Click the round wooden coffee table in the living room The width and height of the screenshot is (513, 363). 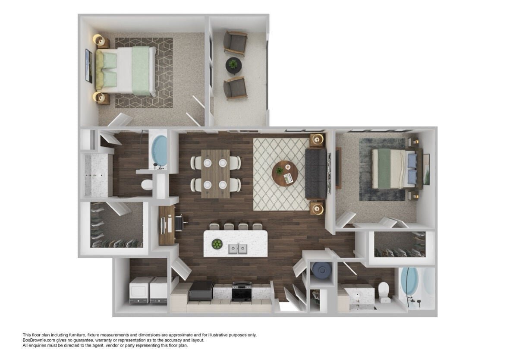[x=285, y=174]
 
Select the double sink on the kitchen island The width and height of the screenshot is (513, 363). [x=238, y=248]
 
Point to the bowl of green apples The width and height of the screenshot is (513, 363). [x=217, y=245]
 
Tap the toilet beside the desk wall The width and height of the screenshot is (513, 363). [x=147, y=185]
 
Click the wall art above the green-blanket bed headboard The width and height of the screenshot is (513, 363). [x=89, y=66]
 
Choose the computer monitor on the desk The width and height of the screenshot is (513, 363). [x=164, y=224]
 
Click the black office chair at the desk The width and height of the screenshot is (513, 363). [x=180, y=223]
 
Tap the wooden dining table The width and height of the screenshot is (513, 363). [x=215, y=174]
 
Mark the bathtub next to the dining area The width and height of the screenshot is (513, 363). [x=159, y=151]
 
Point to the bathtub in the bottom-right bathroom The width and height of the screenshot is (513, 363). [x=410, y=285]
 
